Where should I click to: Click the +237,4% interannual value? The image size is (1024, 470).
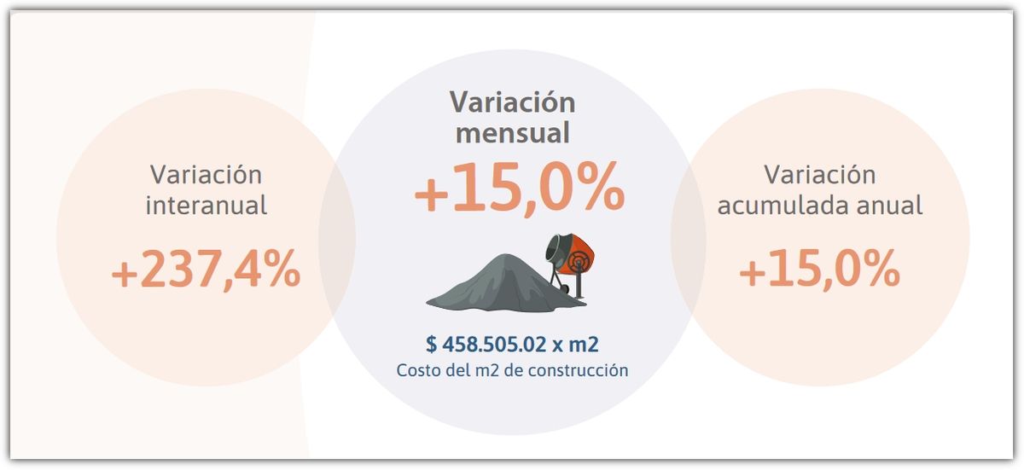click(x=206, y=271)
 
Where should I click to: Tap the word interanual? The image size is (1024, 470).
click(x=206, y=206)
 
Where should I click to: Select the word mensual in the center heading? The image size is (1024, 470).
click(x=512, y=134)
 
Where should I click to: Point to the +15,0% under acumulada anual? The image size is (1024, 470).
click(x=819, y=271)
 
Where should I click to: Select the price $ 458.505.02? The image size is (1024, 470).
click(x=486, y=345)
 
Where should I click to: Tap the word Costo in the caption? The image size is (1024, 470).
click(x=416, y=371)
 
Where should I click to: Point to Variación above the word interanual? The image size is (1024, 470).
click(x=206, y=175)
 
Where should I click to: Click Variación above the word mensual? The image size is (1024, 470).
click(x=512, y=102)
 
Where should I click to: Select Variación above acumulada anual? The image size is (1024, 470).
click(x=819, y=175)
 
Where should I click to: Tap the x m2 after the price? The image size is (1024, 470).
click(x=576, y=345)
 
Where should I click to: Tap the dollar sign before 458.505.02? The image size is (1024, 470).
click(x=431, y=345)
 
